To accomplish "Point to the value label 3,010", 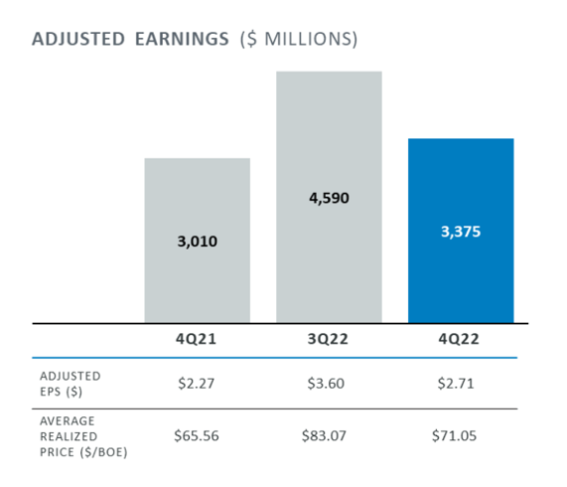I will [x=197, y=242].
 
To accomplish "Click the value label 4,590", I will [x=329, y=198].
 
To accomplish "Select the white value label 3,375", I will [x=461, y=232].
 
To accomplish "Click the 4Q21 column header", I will [x=197, y=340].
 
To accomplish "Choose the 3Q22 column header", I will [x=329, y=340].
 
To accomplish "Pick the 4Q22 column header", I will [x=461, y=340].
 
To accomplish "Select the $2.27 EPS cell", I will [x=197, y=383].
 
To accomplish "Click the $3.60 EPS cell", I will [x=329, y=383].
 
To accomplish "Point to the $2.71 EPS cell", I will [x=461, y=383].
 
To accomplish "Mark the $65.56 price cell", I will [x=197, y=436].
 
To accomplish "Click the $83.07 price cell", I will [x=329, y=436].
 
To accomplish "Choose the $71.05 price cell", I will [x=461, y=436].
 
